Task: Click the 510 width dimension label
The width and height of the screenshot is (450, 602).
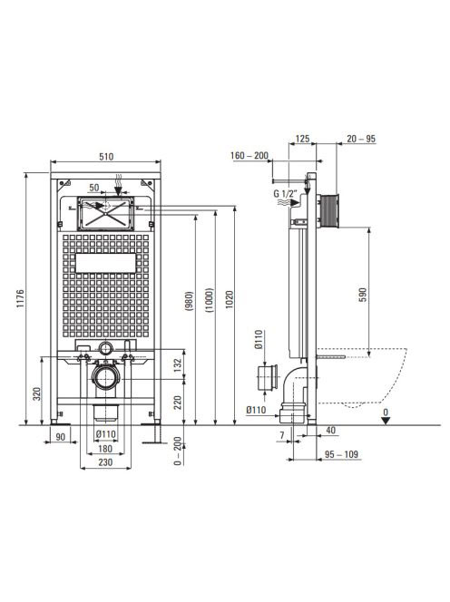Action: (x=106, y=157)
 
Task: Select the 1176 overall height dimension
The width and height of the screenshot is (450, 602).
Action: (x=20, y=299)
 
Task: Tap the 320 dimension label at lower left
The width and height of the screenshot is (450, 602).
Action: (x=37, y=393)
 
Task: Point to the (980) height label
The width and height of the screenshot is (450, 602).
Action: (x=191, y=301)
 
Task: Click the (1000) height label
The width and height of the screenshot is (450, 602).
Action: (x=210, y=300)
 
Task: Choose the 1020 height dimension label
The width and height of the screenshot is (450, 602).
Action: (x=230, y=300)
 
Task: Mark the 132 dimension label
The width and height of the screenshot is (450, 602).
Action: (x=177, y=365)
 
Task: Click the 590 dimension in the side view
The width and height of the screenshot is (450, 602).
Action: (x=363, y=295)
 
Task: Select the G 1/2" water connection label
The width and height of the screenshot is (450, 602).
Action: (x=285, y=193)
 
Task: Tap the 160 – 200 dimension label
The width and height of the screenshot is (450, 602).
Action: (x=249, y=156)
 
